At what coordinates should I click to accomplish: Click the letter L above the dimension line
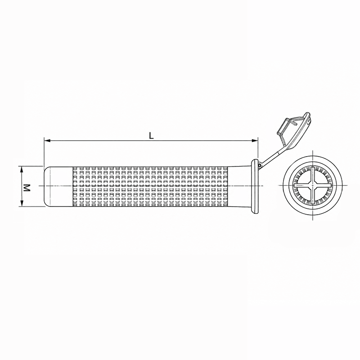click(151, 136)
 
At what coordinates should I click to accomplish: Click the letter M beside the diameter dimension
click(27, 188)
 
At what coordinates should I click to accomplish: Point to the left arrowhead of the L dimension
click(47, 140)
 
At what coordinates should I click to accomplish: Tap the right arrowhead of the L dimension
click(255, 140)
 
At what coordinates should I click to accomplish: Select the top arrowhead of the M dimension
click(22, 170)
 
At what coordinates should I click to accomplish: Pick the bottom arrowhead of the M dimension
click(22, 203)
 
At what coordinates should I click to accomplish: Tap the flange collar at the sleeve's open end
click(255, 186)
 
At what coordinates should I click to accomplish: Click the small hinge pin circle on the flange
click(260, 165)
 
